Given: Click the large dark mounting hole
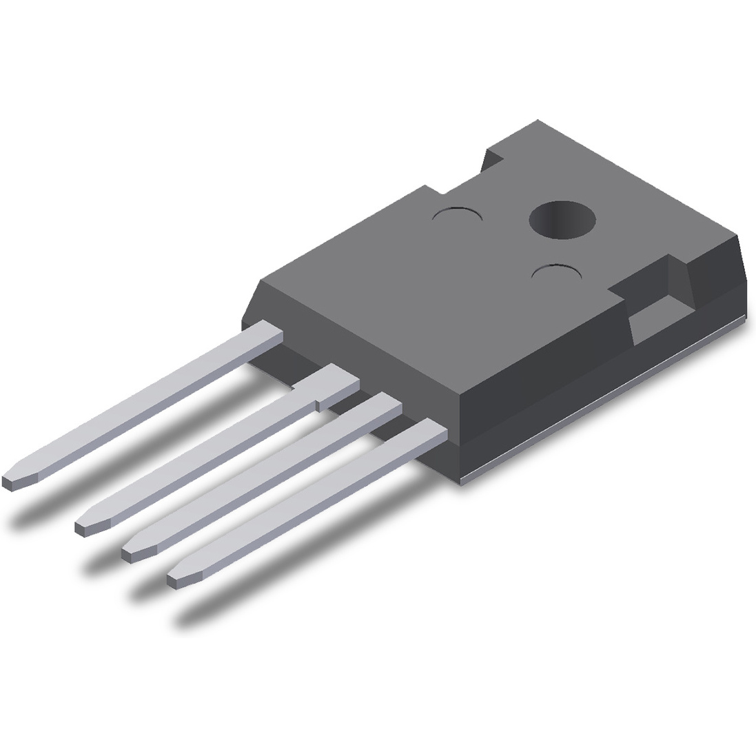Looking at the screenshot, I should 562,220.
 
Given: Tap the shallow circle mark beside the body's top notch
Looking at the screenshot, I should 456,215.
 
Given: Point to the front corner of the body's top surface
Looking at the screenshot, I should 460,394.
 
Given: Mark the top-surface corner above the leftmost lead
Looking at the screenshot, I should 260,280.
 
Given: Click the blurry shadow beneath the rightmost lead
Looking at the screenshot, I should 289,586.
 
